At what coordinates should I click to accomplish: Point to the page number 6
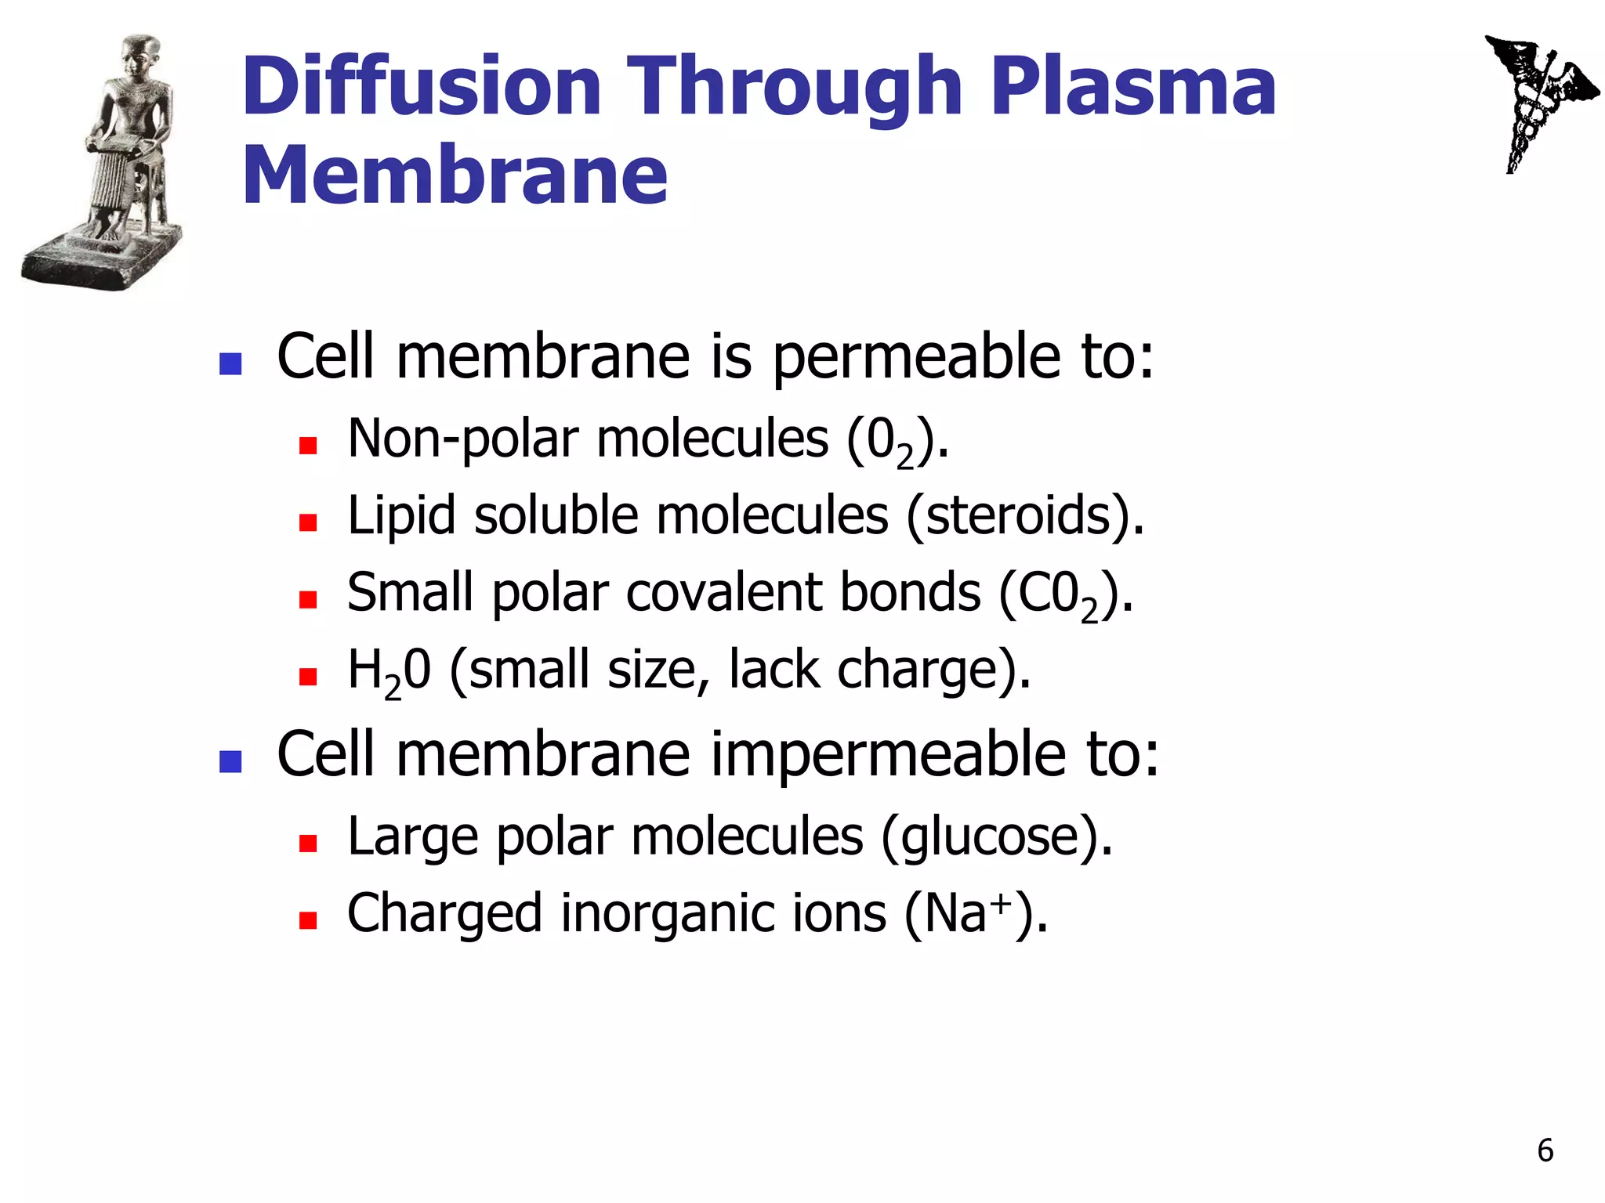1545,1151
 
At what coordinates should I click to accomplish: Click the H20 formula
389,672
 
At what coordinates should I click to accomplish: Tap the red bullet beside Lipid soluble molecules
307,522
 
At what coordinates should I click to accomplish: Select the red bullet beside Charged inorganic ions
307,919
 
